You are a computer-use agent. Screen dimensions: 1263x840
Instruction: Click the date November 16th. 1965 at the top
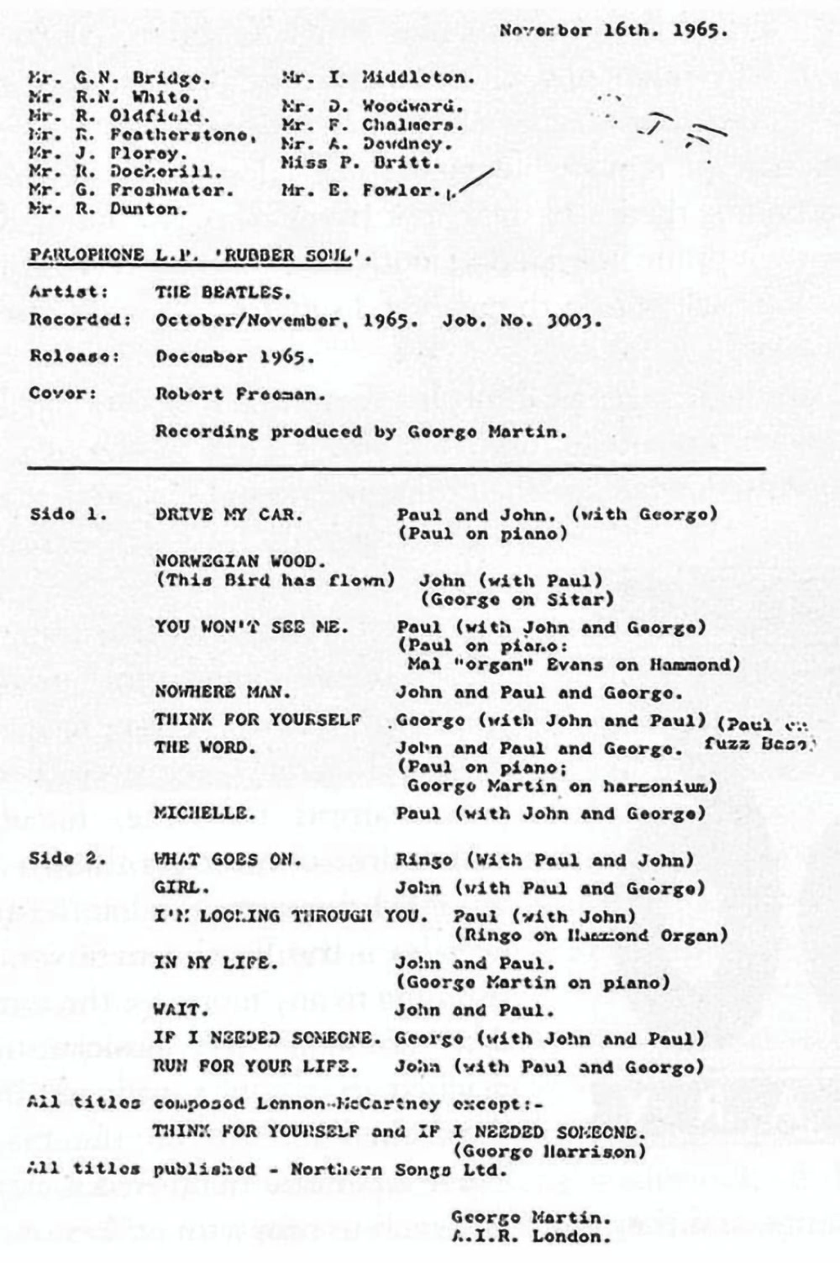pyautogui.click(x=612, y=32)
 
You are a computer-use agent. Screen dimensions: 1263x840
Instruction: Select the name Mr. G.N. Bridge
pyautogui.click(x=120, y=78)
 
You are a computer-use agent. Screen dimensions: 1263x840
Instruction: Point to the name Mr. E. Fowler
pyautogui.click(x=360, y=191)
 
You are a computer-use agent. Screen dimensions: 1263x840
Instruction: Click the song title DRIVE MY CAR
pyautogui.click(x=228, y=514)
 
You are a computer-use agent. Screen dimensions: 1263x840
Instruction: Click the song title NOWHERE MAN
pyautogui.click(x=223, y=692)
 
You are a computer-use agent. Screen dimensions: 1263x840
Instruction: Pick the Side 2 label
pyautogui.click(x=67, y=859)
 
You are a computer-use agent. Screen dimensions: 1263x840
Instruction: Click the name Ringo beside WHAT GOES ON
pyautogui.click(x=424, y=860)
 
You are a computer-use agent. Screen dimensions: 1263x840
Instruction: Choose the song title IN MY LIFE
pyautogui.click(x=215, y=963)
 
